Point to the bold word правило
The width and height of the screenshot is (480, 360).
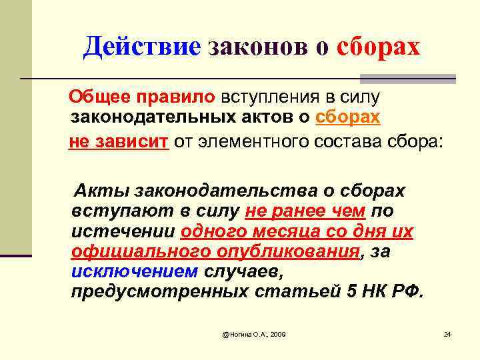176,97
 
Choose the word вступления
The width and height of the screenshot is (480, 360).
275,97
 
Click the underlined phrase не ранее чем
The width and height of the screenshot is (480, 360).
305,211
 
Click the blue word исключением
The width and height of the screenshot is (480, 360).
134,273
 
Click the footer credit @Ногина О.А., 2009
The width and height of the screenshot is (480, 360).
253,333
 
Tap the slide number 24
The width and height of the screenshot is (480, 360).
447,333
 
